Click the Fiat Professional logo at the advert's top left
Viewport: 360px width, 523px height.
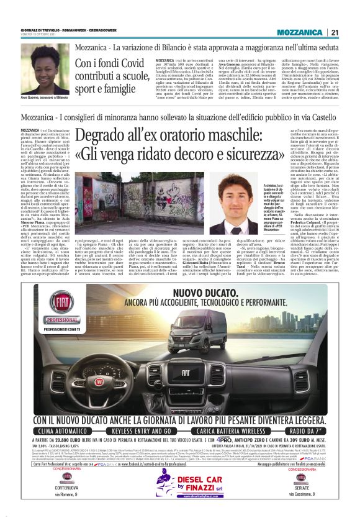(61, 307)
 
